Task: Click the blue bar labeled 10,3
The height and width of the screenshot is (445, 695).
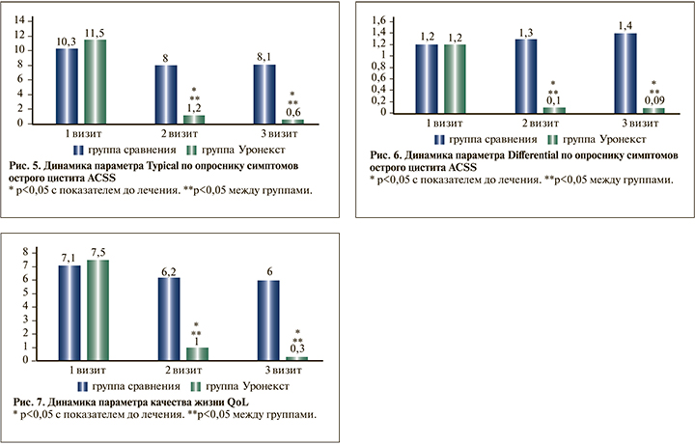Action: click(x=67, y=85)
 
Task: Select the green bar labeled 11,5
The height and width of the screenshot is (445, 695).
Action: click(x=95, y=81)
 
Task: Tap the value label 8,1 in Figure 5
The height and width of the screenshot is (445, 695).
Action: click(x=264, y=56)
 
